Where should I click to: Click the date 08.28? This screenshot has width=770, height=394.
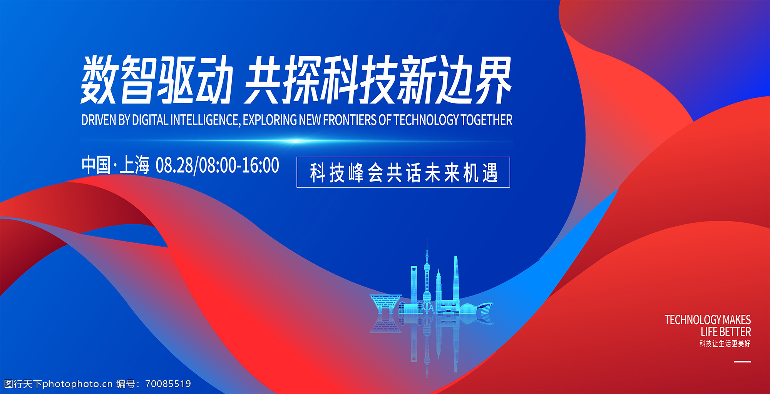(x=174, y=165)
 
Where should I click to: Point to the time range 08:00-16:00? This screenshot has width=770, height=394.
(x=239, y=165)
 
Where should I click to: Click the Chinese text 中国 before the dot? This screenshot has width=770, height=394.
(x=96, y=165)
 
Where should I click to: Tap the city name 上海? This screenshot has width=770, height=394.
(x=134, y=165)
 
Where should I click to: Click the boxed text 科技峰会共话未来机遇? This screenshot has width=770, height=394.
(x=403, y=173)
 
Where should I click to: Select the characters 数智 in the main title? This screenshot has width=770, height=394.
(x=118, y=80)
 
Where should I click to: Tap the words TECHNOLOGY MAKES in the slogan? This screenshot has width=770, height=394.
(x=708, y=320)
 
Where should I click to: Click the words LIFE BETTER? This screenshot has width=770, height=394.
(x=726, y=332)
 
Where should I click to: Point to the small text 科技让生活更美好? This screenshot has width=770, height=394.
(x=725, y=344)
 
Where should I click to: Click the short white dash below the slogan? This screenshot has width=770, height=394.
(x=743, y=362)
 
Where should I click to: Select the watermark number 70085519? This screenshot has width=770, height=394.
(x=168, y=384)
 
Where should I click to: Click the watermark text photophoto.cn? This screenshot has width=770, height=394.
(x=77, y=384)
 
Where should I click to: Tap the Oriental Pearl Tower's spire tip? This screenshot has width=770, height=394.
(x=427, y=239)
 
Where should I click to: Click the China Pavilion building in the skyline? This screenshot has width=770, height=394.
(x=385, y=304)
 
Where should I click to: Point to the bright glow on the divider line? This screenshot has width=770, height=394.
(x=296, y=141)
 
